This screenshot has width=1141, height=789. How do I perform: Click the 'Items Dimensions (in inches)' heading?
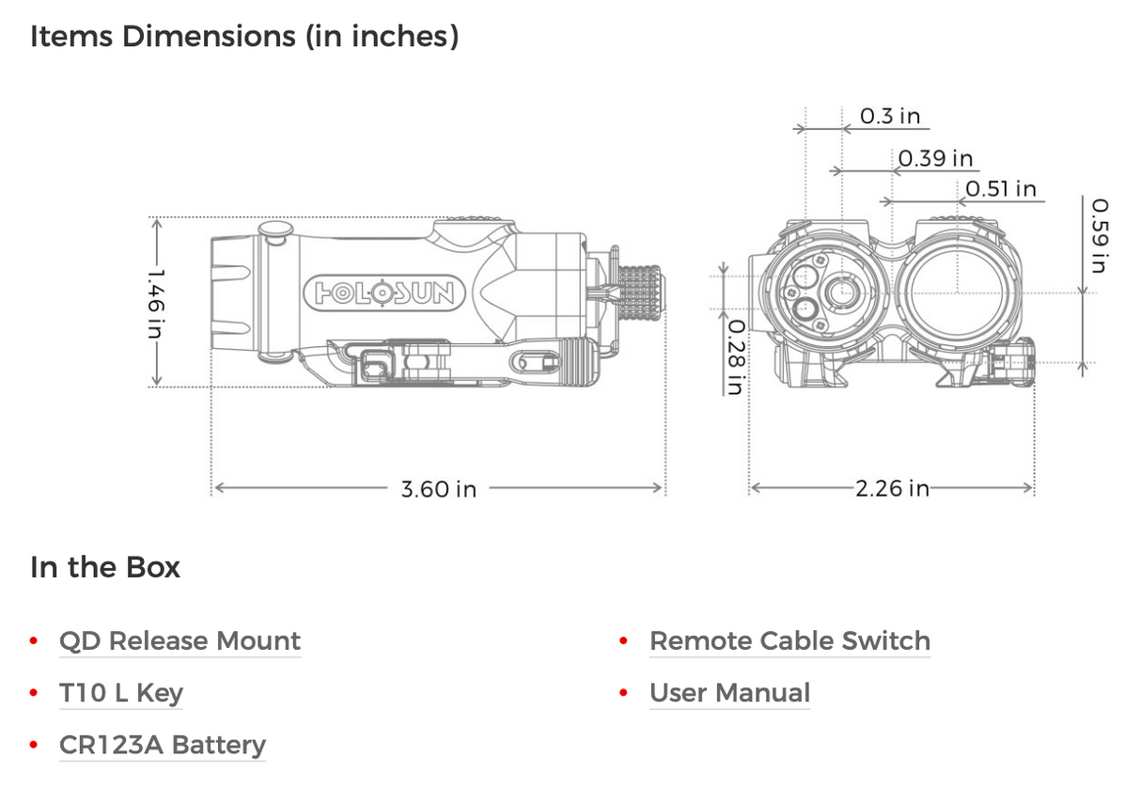click(x=244, y=37)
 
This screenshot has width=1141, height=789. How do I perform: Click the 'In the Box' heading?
click(x=105, y=568)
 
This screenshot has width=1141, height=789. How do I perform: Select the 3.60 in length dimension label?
click(x=438, y=489)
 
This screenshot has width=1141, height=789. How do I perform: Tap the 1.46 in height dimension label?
click(x=156, y=303)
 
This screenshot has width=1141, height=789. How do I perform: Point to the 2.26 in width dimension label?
click(x=892, y=488)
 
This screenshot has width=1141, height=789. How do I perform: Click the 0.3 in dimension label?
click(x=890, y=116)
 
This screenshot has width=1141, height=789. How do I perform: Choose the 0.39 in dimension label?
click(x=935, y=158)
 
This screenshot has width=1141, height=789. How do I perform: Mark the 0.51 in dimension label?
click(x=1001, y=189)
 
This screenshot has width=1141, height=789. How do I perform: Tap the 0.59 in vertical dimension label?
click(x=1099, y=235)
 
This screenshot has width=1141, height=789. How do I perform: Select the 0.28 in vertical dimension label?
click(x=736, y=356)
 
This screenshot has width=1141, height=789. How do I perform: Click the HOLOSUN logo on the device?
click(x=383, y=293)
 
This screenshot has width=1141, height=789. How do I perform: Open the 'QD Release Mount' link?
click(x=180, y=641)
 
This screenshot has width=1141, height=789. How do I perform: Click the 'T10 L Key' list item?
click(x=121, y=693)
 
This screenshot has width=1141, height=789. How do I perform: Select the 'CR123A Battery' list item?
click(x=163, y=745)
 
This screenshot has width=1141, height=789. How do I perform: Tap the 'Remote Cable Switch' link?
click(x=789, y=641)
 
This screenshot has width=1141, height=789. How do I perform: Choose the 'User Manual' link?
click(x=729, y=693)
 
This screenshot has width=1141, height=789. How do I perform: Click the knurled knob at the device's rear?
click(x=639, y=291)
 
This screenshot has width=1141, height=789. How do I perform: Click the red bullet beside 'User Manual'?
click(x=623, y=694)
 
